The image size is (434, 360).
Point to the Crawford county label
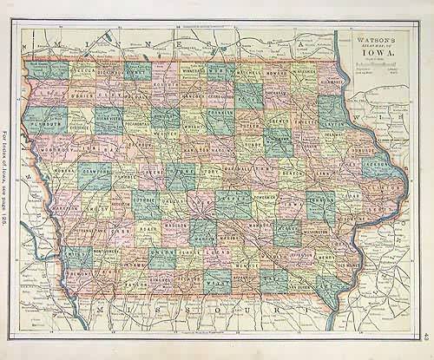[95, 170]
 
